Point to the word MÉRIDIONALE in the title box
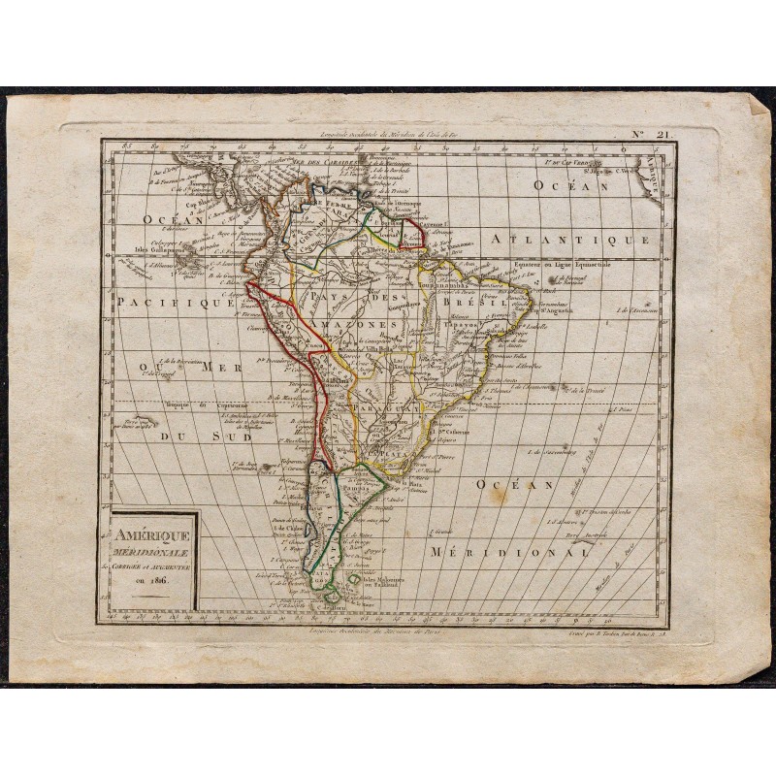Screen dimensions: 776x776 pos(153,548)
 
